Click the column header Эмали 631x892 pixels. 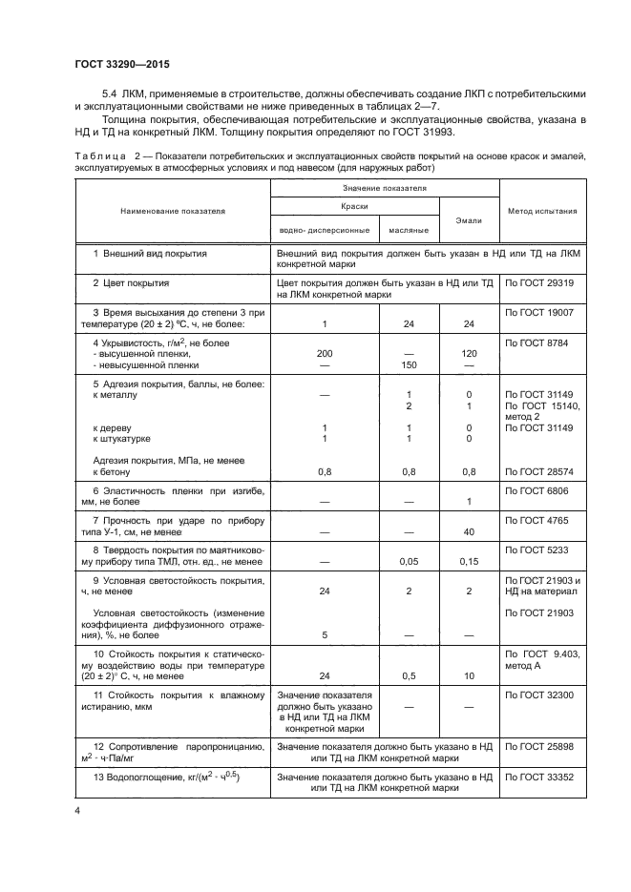point(469,220)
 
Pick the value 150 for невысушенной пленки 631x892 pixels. point(409,364)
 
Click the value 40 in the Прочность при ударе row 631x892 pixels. point(469,531)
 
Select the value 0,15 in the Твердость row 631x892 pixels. point(469,562)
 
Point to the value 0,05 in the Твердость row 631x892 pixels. point(409,562)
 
